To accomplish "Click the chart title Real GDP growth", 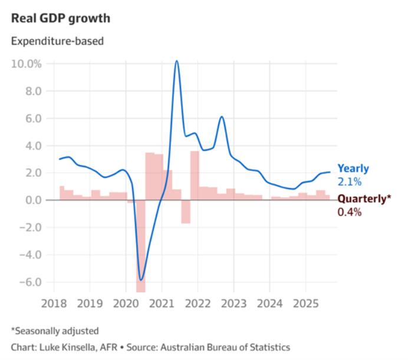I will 60,18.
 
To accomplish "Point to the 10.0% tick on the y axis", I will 27,64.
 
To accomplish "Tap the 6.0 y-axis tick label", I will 32,118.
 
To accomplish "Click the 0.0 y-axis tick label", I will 32,200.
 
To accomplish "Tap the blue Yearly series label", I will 353,169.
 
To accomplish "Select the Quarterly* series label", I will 364,199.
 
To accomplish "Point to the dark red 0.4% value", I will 349,212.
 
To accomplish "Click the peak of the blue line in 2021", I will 177,61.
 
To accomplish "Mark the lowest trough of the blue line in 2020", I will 141,279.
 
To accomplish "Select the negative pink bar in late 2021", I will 186,212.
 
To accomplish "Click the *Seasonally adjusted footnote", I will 55,331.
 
